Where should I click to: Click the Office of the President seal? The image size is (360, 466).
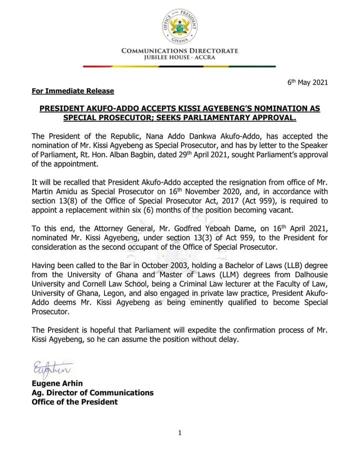178,24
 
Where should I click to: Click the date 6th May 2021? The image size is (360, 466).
307,82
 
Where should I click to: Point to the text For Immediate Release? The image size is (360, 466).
72,91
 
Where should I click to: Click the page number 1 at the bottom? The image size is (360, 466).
179,433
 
